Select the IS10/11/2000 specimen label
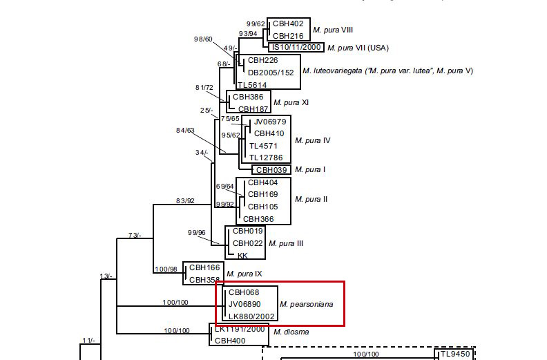296,47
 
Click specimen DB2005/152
271,72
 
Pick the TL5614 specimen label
252,84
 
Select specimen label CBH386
248,97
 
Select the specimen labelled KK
242,255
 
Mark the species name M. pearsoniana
311,304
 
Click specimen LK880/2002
252,316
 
